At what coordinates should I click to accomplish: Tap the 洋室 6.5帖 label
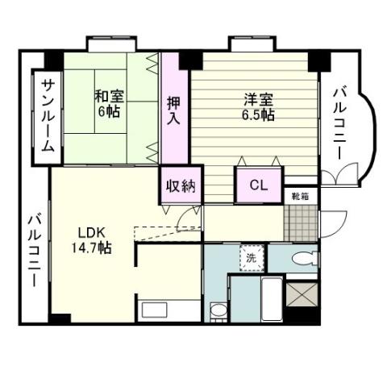coord(259,106)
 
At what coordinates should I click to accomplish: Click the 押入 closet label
coord(173,110)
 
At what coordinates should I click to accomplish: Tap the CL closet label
coord(258,185)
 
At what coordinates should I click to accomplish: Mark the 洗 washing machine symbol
coord(252,260)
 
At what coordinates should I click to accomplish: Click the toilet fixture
coord(304,258)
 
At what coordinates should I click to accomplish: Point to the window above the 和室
coord(110,42)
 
